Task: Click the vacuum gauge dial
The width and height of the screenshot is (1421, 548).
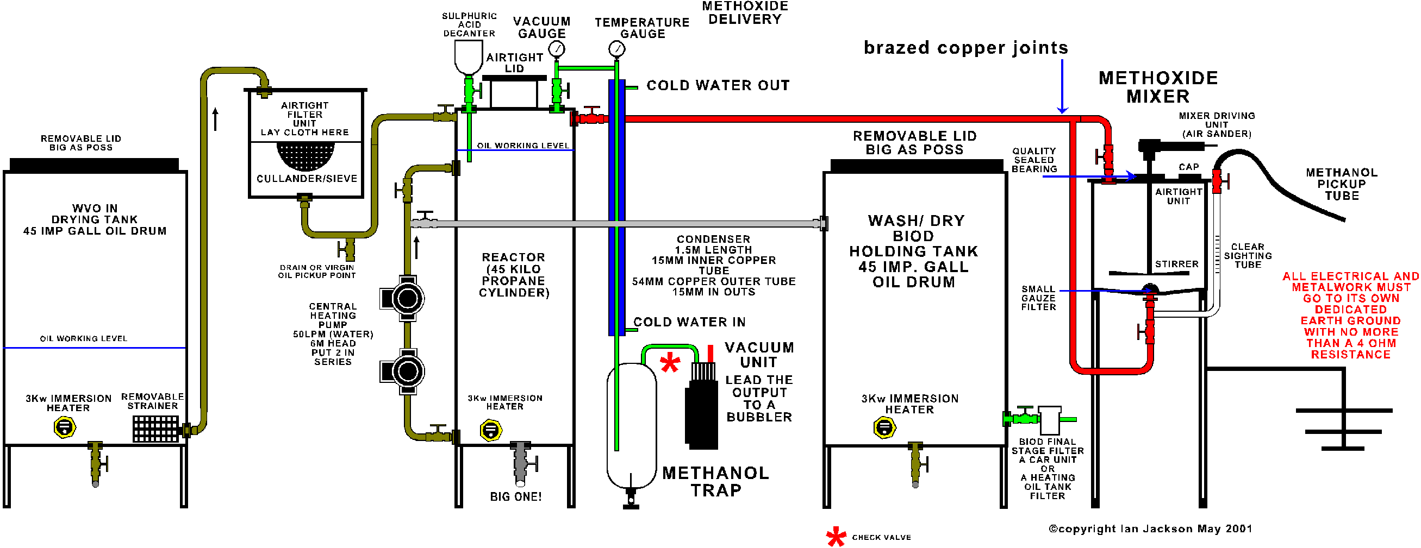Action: click(x=558, y=49)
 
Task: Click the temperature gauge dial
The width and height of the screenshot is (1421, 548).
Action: click(x=616, y=49)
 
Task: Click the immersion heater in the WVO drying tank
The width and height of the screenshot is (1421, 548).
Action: click(x=65, y=427)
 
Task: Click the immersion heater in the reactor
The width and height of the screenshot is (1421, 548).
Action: click(x=490, y=430)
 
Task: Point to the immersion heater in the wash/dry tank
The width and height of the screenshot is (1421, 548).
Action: click(x=884, y=427)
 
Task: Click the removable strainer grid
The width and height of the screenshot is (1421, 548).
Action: click(x=155, y=429)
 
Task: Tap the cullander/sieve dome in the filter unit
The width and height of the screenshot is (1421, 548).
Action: click(x=306, y=155)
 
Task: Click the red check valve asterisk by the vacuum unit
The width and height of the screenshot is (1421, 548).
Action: click(x=670, y=363)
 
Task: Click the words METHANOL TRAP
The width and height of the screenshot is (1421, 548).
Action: click(x=715, y=481)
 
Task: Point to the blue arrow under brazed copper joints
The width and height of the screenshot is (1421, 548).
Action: click(x=1062, y=88)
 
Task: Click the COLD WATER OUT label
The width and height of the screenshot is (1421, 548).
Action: click(x=718, y=85)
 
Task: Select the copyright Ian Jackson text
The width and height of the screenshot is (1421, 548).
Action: click(x=1150, y=528)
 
